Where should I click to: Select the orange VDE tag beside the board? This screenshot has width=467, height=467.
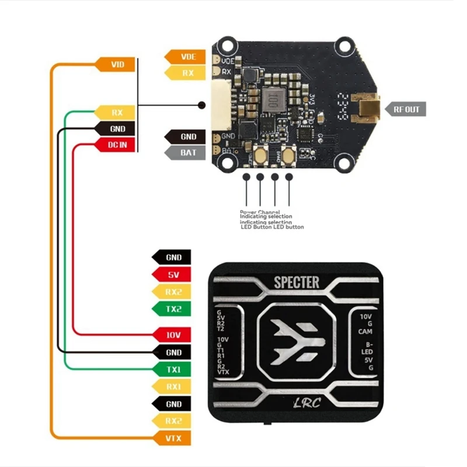[x=185, y=57]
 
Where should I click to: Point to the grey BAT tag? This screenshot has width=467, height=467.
[x=185, y=153]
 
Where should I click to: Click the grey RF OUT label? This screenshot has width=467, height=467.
[x=405, y=108]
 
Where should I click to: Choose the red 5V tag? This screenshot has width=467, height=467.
[x=170, y=274]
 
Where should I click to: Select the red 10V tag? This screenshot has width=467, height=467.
[x=170, y=334]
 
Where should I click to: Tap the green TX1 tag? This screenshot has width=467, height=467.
[x=170, y=369]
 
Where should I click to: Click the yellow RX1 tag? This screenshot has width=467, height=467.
[x=170, y=386]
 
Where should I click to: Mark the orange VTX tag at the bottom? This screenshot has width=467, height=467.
[x=170, y=437]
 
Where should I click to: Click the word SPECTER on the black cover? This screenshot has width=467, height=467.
[x=297, y=283]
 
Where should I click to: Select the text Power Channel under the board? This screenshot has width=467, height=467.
[x=259, y=212]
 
